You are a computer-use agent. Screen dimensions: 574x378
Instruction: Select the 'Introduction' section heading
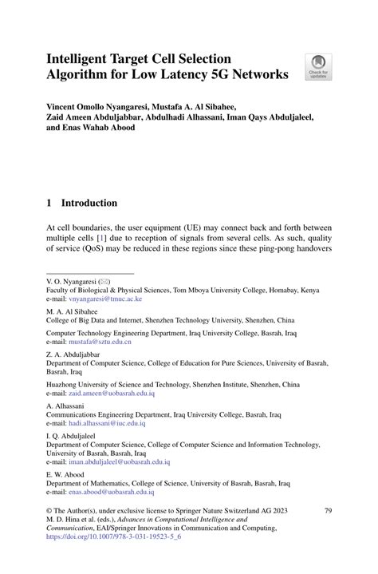90,203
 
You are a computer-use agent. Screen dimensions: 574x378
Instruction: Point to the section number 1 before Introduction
49,203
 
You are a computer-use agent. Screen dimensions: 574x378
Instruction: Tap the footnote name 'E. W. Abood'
65,473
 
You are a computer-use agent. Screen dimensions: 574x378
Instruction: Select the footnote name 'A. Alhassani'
66,405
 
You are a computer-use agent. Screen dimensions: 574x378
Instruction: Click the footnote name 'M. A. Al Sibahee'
74,310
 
